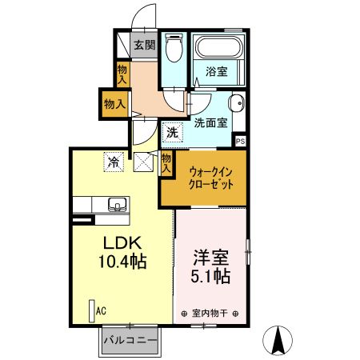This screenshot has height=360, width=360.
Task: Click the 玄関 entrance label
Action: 144,46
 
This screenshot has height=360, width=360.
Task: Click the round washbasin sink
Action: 235,103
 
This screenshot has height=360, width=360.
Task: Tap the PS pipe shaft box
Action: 241,141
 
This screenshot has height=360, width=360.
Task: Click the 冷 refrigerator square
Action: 114,162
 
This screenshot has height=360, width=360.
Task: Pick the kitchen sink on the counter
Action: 117,204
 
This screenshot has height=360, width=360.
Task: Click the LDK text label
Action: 118,242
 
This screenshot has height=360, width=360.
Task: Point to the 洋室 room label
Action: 212,258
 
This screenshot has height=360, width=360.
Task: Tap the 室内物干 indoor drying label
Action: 212,313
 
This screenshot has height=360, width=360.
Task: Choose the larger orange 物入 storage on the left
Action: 114,103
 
